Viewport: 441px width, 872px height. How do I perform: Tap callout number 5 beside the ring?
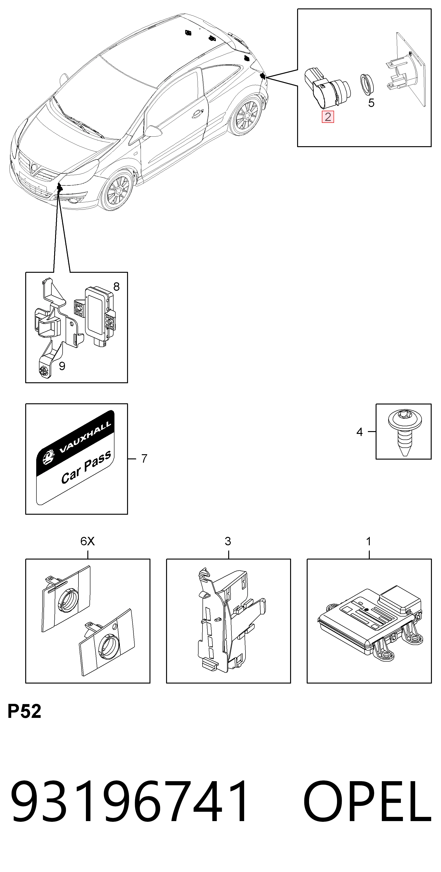tap(371, 103)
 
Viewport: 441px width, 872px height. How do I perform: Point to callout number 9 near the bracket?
tap(62, 366)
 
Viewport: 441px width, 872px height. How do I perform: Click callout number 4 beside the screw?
tap(360, 432)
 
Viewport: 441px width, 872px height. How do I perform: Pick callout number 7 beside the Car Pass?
tap(144, 458)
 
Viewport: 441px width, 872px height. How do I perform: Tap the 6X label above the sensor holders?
tap(87, 541)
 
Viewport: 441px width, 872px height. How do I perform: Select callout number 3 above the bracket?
tap(228, 541)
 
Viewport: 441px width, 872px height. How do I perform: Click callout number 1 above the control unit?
tap(369, 541)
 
